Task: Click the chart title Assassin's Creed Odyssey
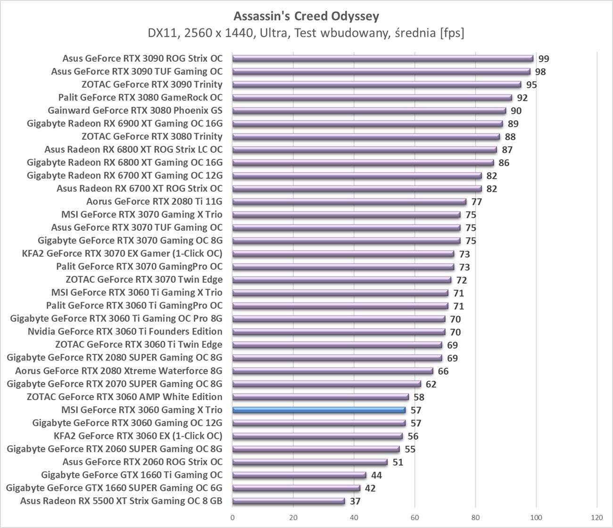point(306,17)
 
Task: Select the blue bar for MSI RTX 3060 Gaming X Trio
point(319,410)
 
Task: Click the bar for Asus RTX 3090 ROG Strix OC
point(382,59)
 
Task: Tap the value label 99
point(544,59)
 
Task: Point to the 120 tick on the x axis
point(596,517)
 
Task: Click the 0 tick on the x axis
point(232,517)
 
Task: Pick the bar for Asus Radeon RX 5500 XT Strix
point(289,501)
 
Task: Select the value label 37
point(355,501)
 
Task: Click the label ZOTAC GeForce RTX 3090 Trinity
point(152,84)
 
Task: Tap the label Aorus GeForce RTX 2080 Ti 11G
point(154,201)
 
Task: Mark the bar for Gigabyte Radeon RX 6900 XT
point(367,124)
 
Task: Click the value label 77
point(477,202)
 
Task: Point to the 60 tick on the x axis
point(415,517)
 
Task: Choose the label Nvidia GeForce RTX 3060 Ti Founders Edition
point(125,332)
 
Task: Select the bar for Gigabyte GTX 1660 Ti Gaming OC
point(299,475)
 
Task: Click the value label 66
point(443,371)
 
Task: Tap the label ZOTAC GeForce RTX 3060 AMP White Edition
point(124,397)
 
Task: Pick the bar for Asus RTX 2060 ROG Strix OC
point(310,462)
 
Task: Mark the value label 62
point(431,384)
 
